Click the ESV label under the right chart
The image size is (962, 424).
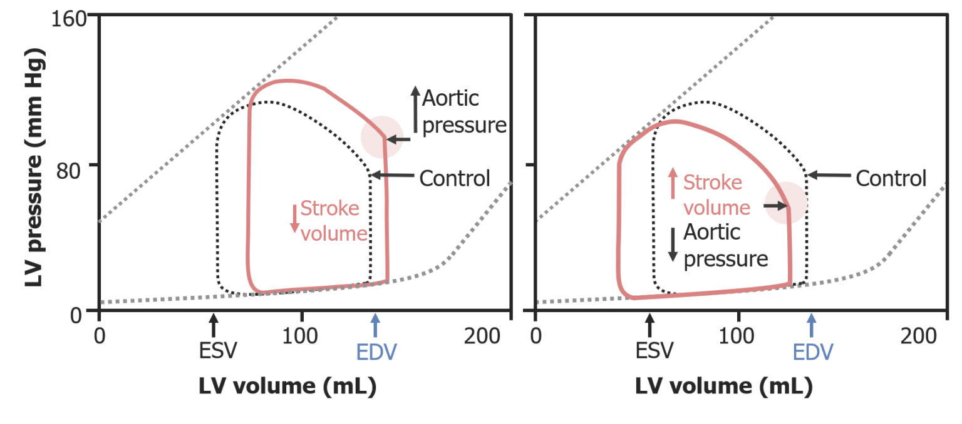(654, 351)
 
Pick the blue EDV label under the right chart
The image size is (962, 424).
(813, 351)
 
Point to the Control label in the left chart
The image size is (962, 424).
(454, 178)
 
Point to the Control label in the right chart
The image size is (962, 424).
(891, 178)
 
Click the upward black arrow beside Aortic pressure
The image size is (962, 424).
(415, 109)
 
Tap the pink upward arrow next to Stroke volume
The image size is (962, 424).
(673, 183)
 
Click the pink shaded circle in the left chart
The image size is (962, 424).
(381, 137)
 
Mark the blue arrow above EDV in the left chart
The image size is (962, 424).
(375, 325)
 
